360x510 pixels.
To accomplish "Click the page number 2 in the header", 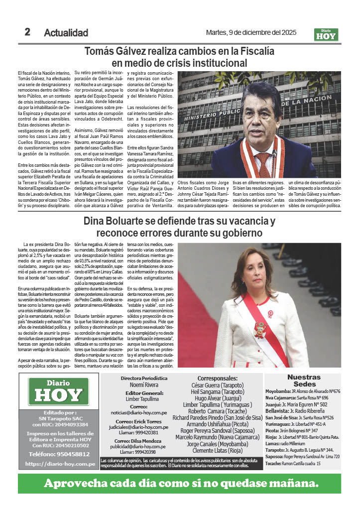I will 28,32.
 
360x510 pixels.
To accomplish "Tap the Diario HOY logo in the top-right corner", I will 326,34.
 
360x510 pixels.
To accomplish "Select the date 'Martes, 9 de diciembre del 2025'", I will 251,33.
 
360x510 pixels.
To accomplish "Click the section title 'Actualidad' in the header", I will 66,33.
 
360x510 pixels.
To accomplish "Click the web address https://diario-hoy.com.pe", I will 60,464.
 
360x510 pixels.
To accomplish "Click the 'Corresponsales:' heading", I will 218,379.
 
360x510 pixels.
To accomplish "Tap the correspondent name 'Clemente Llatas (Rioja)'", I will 218,451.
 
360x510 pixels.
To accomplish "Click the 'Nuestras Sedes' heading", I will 304,381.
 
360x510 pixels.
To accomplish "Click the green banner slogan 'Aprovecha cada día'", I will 180,483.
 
